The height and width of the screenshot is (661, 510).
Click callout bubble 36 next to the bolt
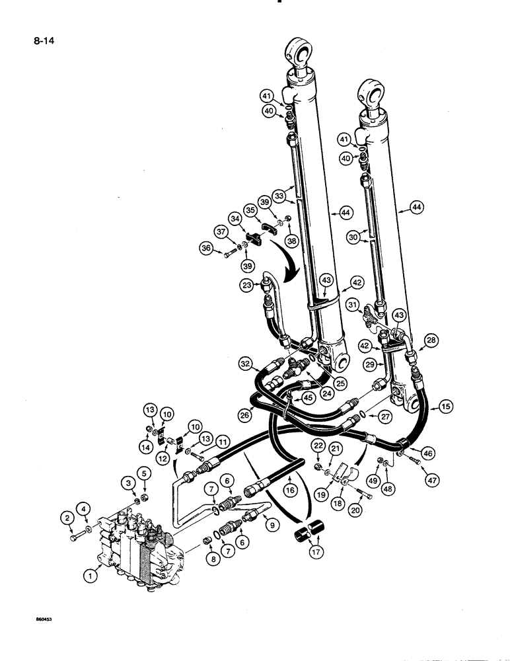click(x=207, y=249)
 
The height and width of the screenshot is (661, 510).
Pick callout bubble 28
click(x=430, y=340)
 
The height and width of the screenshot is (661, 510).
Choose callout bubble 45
click(x=307, y=397)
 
